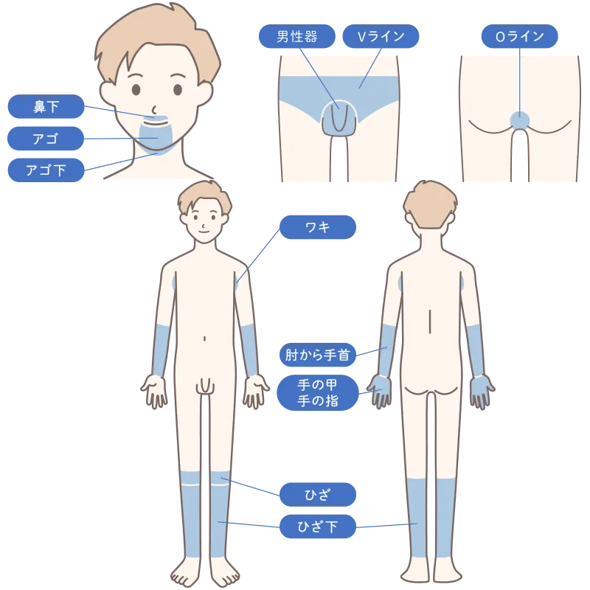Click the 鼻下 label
46,106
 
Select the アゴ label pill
46,139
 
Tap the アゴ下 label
46,170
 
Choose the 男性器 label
297,36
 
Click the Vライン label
381,36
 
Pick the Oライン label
520,36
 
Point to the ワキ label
318,227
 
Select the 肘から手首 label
318,355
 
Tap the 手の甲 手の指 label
318,392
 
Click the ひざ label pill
318,494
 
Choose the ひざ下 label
318,526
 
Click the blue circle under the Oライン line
520,121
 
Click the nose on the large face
154,110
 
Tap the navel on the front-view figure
204,339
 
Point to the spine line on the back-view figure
430,322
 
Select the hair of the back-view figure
430,204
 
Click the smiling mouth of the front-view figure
204,232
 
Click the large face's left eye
136,89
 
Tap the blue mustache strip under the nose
154,119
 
